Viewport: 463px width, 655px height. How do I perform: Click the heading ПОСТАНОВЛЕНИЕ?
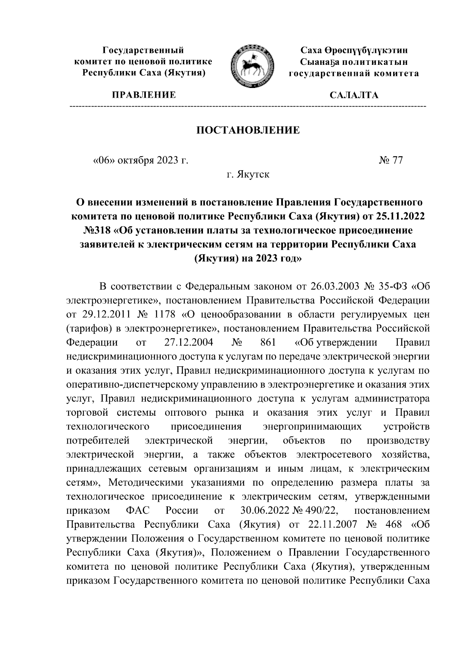[248, 130]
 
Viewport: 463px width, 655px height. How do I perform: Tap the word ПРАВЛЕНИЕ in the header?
[144, 95]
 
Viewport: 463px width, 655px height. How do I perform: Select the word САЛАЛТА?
[354, 95]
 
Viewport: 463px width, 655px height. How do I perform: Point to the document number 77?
[397, 160]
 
